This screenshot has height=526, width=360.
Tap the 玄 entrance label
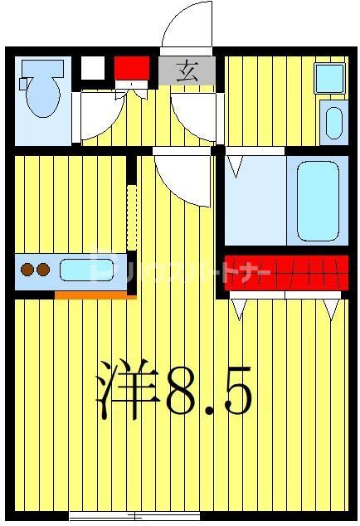188,70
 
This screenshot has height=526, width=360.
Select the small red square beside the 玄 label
131,66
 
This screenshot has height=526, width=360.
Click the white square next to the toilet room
93,66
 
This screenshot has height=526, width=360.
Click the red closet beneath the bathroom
286,271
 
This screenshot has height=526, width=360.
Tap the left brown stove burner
27,269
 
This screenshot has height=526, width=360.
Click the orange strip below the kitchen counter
90,293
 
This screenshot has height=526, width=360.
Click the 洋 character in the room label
128,387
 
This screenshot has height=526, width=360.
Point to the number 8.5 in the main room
207,388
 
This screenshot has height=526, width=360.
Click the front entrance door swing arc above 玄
186,29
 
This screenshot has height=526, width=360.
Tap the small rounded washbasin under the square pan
333,122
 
